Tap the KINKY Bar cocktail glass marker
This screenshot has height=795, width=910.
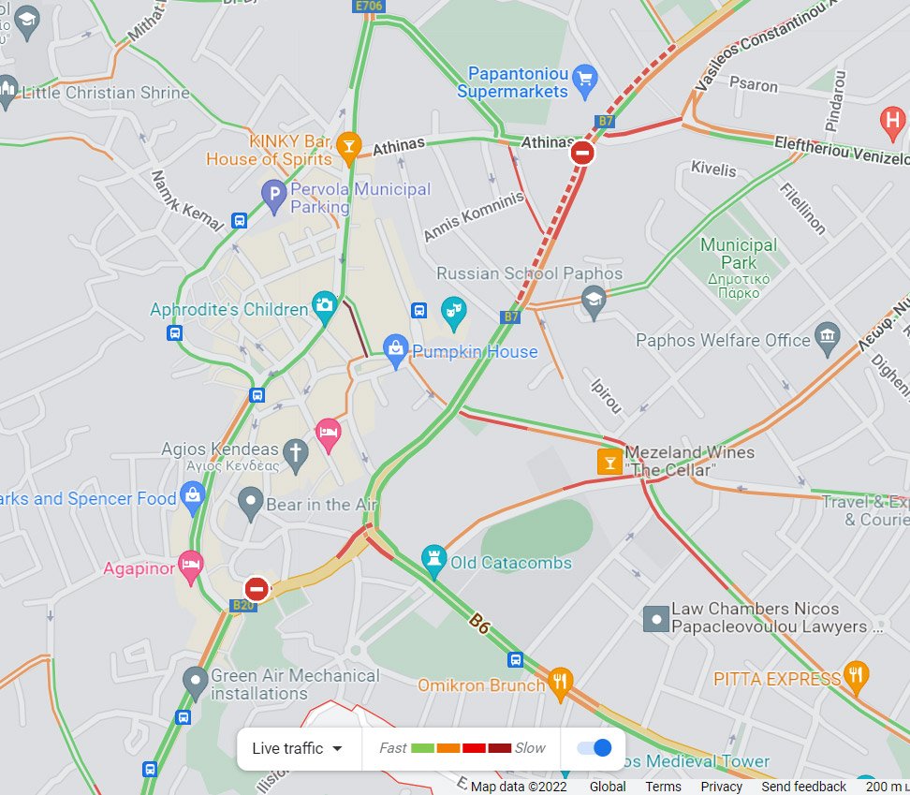coord(348,145)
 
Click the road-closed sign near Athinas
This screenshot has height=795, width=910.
coord(582,152)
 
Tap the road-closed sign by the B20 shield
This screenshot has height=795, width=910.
coord(257,589)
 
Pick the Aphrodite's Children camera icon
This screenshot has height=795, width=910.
coord(325,304)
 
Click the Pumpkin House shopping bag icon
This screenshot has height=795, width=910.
coord(396,350)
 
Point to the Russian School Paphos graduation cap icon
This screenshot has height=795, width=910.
coord(593,301)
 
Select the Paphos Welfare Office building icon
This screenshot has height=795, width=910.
coord(827,338)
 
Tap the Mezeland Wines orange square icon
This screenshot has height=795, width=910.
coord(610,461)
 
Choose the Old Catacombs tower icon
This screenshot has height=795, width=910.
coord(433,559)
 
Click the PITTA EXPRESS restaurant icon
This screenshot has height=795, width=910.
coord(856,674)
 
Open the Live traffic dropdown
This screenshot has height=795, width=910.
coord(299,748)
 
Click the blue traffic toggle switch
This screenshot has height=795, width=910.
coord(595,747)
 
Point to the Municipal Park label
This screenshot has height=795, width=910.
coord(739,253)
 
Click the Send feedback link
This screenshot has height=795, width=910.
coord(803,787)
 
